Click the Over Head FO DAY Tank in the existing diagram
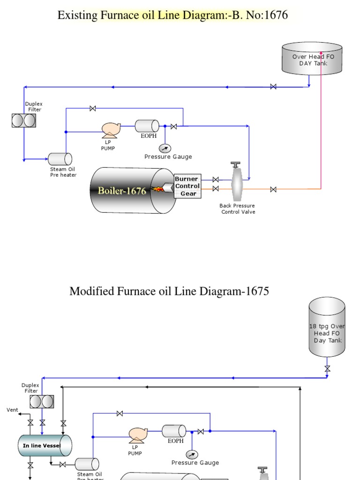[312, 59]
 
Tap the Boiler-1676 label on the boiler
[122, 191]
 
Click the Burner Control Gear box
[187, 186]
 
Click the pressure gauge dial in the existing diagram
[165, 148]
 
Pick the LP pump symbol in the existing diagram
[111, 128]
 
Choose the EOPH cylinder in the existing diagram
[147, 126]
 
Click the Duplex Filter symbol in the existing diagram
[24, 120]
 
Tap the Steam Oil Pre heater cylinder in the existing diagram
[60, 159]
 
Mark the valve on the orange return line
[273, 189]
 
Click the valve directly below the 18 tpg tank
[327, 368]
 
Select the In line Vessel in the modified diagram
[45, 445]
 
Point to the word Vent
[12, 410]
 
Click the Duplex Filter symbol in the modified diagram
[42, 401]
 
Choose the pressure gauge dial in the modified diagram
[192, 454]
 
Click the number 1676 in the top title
[276, 15]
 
